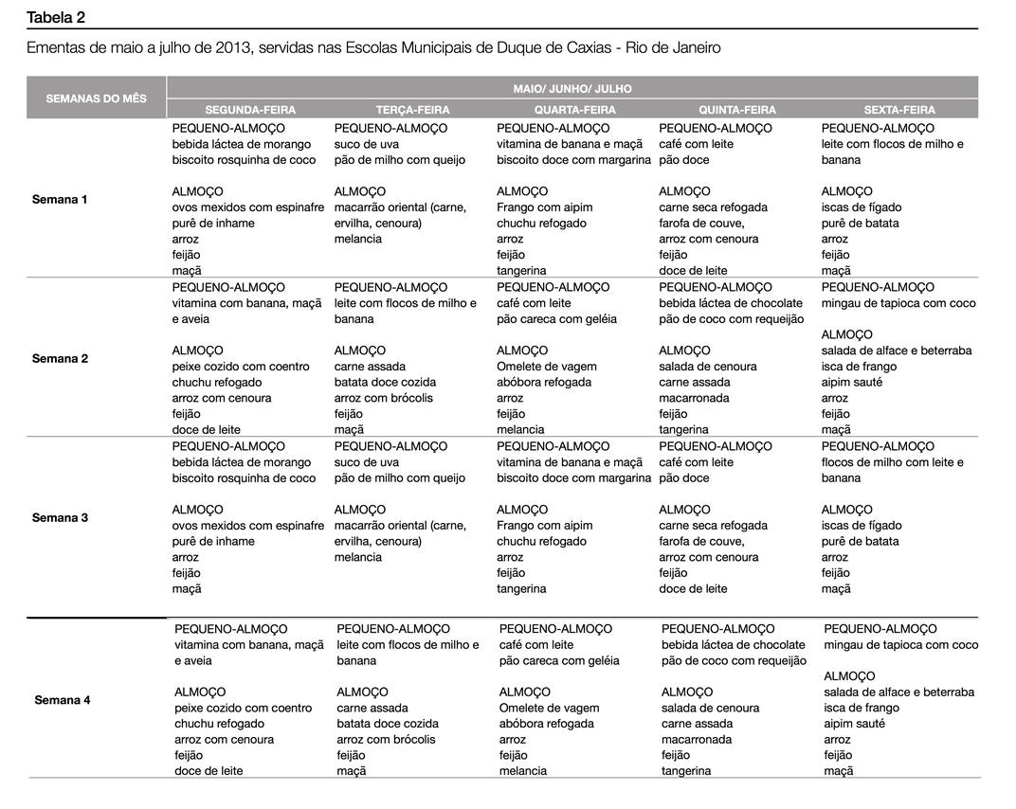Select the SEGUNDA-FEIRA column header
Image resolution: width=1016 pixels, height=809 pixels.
pyautogui.click(x=250, y=110)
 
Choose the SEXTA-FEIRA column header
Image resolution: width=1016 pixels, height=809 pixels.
pyautogui.click(x=898, y=110)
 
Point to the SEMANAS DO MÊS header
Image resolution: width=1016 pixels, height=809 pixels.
pyautogui.click(x=96, y=99)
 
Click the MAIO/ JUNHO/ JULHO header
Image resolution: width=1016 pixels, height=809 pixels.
pyautogui.click(x=572, y=88)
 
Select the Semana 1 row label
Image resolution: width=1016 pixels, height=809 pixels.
pyautogui.click(x=60, y=200)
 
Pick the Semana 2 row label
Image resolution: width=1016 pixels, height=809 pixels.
pyautogui.click(x=60, y=359)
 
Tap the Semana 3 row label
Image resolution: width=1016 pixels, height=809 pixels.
pyautogui.click(x=60, y=518)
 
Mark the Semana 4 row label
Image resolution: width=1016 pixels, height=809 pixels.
pyautogui.click(x=63, y=700)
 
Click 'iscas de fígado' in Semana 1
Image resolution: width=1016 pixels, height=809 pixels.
pyautogui.click(x=862, y=207)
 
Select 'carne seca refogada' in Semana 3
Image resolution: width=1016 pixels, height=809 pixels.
pyautogui.click(x=713, y=526)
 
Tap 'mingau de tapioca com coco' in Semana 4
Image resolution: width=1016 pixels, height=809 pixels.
pyautogui.click(x=900, y=645)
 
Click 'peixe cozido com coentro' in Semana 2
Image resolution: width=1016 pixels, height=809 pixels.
pyautogui.click(x=241, y=367)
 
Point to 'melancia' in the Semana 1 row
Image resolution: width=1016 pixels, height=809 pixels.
pyautogui.click(x=358, y=240)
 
